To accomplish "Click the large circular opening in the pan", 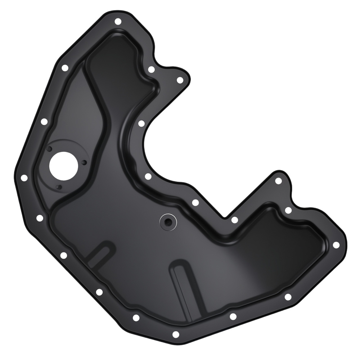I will [x=63, y=165].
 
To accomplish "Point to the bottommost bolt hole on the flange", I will [x=176, y=334].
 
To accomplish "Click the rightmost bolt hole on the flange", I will [x=336, y=245].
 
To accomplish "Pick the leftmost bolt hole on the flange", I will [x=24, y=178].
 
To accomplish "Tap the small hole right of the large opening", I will [x=84, y=163].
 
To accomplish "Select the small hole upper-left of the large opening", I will [x=50, y=149].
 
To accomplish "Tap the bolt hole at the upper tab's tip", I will [x=180, y=80].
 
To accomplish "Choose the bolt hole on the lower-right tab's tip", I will [x=278, y=181].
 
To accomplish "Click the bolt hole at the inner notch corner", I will [x=234, y=220].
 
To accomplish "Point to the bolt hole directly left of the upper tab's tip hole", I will [x=151, y=69].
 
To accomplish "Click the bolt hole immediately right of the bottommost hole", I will [x=233, y=316].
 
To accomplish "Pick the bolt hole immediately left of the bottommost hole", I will [x=136, y=318].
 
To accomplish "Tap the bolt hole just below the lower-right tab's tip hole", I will [x=288, y=210].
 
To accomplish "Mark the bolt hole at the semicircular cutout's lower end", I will [x=148, y=176].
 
